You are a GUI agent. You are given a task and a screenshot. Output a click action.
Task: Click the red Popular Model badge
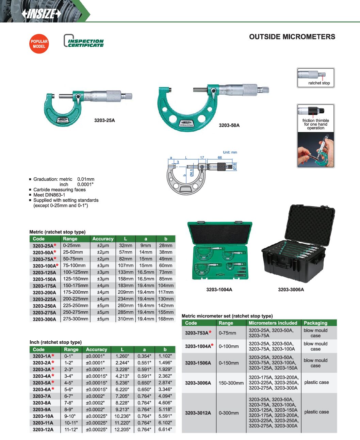pos(39,44)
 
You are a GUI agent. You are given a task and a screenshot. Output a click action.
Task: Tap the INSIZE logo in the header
pos(41,14)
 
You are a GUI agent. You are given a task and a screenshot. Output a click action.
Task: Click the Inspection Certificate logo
pos(84,41)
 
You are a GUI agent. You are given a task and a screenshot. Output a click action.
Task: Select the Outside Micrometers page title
pos(292,37)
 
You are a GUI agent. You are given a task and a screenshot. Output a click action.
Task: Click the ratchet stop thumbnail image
pos(316,78)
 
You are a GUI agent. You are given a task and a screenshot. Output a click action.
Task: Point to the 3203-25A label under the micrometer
pos(104,120)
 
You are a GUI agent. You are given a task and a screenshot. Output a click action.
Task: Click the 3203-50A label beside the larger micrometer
pos(229,125)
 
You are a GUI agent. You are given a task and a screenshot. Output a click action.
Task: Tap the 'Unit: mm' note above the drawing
pos(230,152)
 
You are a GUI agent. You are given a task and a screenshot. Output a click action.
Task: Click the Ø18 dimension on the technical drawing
pos(234,167)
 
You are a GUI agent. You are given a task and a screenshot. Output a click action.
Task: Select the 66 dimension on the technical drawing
pos(220,158)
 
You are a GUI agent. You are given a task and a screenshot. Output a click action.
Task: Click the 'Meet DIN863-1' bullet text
pos(49,195)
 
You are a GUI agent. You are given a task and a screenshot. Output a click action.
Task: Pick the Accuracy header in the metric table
pos(103,239)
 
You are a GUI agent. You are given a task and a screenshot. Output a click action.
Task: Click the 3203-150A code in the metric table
pos(44,279)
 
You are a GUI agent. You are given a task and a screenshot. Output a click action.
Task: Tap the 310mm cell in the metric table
pos(126,319)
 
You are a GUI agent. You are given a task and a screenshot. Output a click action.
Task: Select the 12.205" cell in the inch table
pos(122,429)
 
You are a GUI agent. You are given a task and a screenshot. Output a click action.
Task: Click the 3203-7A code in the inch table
pos(42,396)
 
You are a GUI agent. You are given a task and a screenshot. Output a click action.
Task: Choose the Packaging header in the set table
pos(315,323)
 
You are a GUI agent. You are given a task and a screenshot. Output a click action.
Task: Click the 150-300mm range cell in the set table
pos(231,383)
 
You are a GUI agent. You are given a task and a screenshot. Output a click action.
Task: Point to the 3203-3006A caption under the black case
pos(291,290)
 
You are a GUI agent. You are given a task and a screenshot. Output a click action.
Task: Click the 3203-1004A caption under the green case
pos(219,290)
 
